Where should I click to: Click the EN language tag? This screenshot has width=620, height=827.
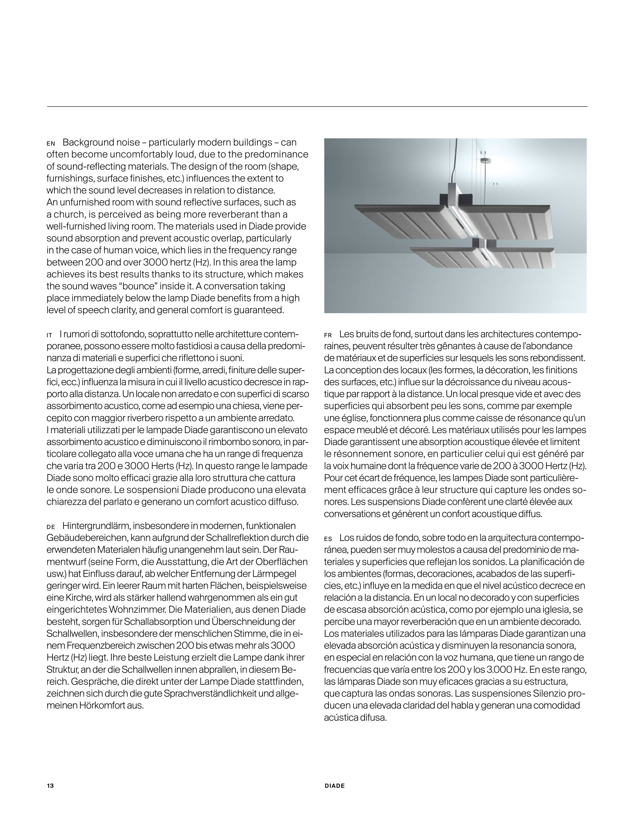pyautogui.click(x=51, y=144)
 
